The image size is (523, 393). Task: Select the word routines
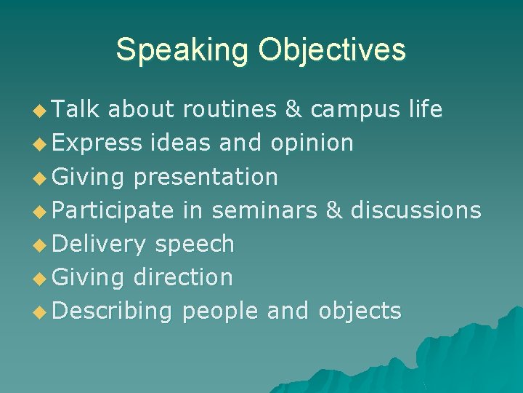point(229,109)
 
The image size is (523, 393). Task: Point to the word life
point(426,109)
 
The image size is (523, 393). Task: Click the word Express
point(97,143)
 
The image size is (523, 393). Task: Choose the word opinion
point(311,143)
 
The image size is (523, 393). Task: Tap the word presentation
point(206,177)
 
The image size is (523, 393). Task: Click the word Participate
point(113,210)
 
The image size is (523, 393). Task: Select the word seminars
point(264,210)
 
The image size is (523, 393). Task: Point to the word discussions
point(415,210)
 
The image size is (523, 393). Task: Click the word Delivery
point(100,245)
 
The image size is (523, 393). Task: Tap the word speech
point(195,245)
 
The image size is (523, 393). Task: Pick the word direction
point(184,277)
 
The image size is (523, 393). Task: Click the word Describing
point(113,311)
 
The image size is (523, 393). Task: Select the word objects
point(360,311)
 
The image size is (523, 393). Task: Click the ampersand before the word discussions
point(333,210)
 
